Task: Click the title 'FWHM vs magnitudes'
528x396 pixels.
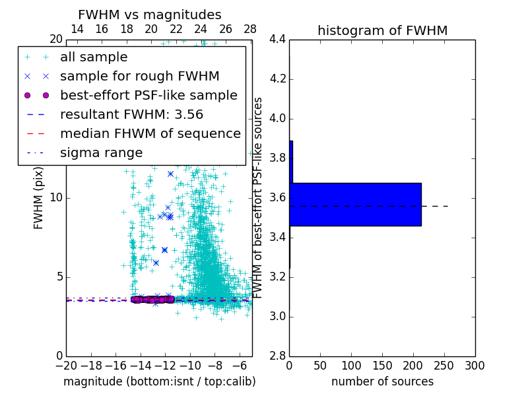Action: click(150, 15)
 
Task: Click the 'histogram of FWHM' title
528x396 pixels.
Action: click(382, 30)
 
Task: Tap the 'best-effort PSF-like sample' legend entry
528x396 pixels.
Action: click(148, 96)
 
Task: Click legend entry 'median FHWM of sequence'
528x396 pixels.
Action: click(150, 134)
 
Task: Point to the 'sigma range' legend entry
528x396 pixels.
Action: click(102, 153)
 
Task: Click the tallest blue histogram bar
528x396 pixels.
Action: click(355, 205)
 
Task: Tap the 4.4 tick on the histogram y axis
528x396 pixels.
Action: click(278, 40)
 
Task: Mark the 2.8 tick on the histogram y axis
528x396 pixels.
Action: click(278, 356)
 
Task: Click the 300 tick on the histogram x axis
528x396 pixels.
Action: click(475, 366)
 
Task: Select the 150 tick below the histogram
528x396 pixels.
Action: click(382, 366)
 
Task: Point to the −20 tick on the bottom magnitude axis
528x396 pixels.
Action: click(66, 366)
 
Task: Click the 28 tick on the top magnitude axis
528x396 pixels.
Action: click(250, 29)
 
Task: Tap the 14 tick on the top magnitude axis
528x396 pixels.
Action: click(77, 29)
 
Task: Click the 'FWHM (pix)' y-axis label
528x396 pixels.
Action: click(39, 197)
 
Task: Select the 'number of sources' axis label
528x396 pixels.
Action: click(382, 381)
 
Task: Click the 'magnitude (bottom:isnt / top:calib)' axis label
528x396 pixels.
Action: click(159, 381)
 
